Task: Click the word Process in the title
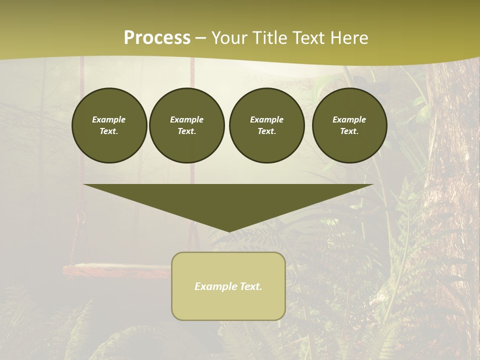click(x=157, y=37)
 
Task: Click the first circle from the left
click(x=109, y=125)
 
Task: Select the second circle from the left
click(x=186, y=125)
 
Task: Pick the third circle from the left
click(x=266, y=125)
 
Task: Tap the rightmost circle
click(x=349, y=125)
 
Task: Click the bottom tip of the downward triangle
click(x=228, y=230)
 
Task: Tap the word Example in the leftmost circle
click(x=109, y=120)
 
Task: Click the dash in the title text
click(x=200, y=38)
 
